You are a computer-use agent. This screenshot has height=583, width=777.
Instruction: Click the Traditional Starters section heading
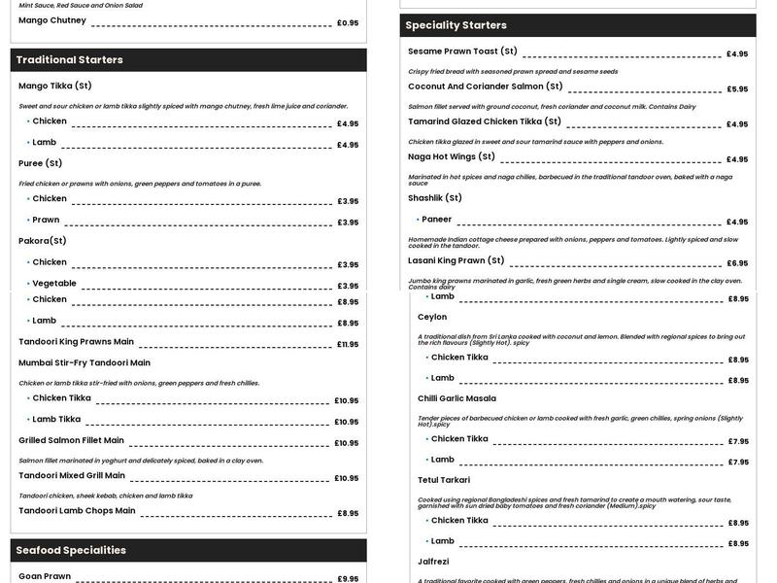click(70, 60)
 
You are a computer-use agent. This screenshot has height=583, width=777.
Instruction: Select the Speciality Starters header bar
click(456, 25)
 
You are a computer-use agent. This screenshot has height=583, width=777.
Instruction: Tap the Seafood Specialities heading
click(71, 551)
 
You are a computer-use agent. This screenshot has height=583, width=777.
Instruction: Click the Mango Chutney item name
click(52, 20)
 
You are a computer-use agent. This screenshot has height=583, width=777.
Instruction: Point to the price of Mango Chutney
click(348, 23)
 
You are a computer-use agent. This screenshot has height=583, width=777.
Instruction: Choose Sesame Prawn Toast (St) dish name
click(462, 51)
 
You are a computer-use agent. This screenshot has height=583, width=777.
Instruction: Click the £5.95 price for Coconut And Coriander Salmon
click(737, 89)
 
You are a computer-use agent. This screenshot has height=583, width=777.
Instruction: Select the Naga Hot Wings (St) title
click(452, 156)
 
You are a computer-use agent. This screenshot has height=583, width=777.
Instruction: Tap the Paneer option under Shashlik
click(436, 220)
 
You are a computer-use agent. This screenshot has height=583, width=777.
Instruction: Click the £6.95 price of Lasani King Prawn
click(737, 263)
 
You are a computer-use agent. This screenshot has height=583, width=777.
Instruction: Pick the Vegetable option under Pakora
click(54, 284)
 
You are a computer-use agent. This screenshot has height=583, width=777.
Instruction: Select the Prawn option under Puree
click(46, 220)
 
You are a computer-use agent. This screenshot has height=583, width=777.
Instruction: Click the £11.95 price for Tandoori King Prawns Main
click(348, 345)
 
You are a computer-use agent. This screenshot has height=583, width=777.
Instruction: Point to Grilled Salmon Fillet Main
click(72, 440)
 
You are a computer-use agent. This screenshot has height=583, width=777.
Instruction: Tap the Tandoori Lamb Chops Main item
click(77, 510)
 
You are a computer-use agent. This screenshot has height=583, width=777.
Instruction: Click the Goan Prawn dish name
click(45, 576)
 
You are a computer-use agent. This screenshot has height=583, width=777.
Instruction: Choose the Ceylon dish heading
click(432, 317)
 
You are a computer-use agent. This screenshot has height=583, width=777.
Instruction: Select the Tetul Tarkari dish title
click(444, 480)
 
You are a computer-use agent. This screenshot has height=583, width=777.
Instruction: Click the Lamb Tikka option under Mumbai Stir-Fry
click(56, 420)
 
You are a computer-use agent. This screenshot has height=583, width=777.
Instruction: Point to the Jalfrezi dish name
click(432, 562)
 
